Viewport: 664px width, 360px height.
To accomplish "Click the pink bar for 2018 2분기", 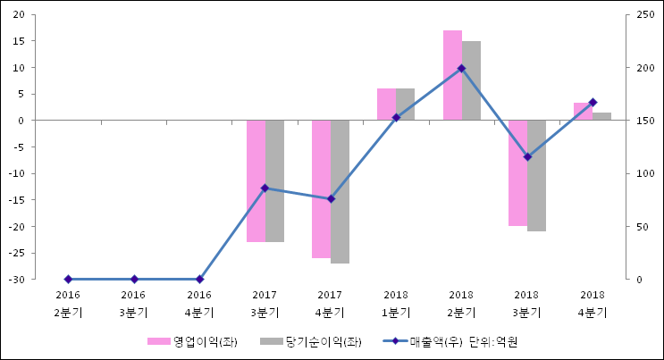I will pyautogui.click(x=452, y=75).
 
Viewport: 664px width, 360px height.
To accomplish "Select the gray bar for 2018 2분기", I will pyautogui.click(x=471, y=80).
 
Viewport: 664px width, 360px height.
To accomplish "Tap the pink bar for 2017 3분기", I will pyautogui.click(x=256, y=180).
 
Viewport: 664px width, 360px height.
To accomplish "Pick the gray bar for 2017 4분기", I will pyautogui.click(x=340, y=191).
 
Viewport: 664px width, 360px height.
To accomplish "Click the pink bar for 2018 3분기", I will pyautogui.click(x=517, y=172).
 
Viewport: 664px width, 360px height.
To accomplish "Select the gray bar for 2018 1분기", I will pyautogui.click(x=406, y=104).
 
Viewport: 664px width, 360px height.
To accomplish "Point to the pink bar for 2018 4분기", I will pyautogui.click(x=582, y=112).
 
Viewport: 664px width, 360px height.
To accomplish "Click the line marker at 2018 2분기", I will pyautogui.click(x=461, y=68).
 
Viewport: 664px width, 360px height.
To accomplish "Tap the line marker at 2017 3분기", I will pyautogui.click(x=265, y=188).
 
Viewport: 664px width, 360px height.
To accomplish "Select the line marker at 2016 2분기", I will pyautogui.click(x=68, y=280).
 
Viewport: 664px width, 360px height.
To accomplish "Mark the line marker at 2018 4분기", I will pyautogui.click(x=593, y=103).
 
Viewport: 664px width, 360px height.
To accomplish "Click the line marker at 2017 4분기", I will pyautogui.click(x=331, y=199).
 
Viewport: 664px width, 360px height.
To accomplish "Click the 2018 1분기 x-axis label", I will pyautogui.click(x=396, y=303).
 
